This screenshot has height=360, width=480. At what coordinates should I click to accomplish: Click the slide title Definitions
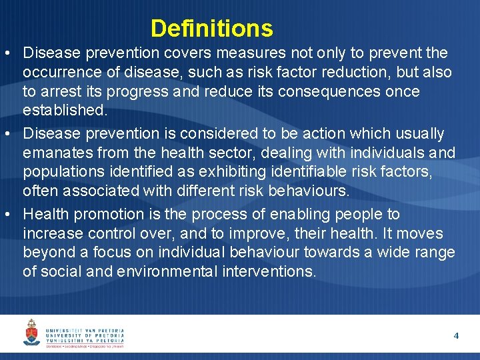[211, 29]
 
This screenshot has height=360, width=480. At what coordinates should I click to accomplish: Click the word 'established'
[63, 109]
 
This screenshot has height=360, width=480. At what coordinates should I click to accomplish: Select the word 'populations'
[61, 173]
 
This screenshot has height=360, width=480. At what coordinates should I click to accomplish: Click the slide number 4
[456, 335]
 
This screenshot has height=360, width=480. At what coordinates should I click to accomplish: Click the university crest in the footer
[31, 332]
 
